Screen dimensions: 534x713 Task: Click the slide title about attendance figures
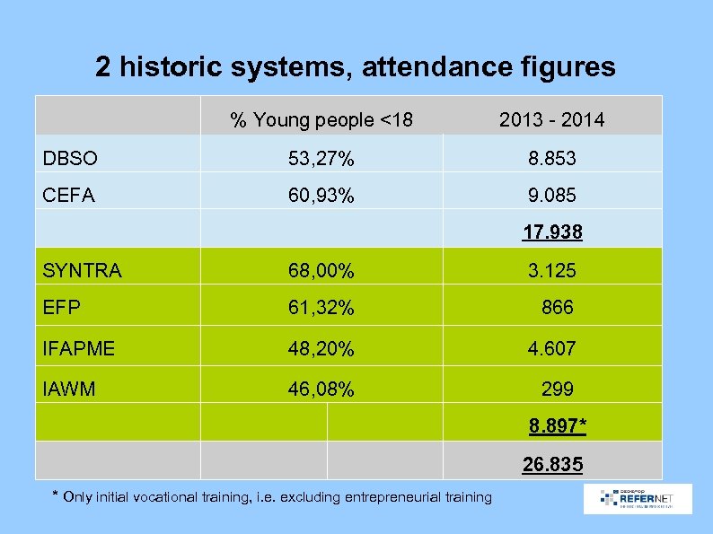tap(356, 67)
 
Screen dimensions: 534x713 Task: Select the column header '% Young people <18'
tap(321, 119)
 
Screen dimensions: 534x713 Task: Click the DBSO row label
tap(70, 159)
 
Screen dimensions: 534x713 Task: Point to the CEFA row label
tap(69, 194)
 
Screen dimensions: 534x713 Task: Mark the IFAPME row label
tap(79, 348)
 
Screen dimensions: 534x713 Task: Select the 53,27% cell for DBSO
tap(321, 160)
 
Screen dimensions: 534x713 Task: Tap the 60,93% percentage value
tap(321, 195)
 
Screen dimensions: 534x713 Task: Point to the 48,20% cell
tap(321, 348)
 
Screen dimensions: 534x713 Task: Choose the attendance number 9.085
tap(552, 195)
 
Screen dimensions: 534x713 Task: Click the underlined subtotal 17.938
tap(553, 232)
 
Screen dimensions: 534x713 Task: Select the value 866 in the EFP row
tap(557, 308)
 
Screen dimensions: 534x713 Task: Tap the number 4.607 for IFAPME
tap(552, 348)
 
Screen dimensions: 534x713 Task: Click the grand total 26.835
tap(553, 465)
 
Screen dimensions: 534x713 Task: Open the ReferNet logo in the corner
tap(638, 499)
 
